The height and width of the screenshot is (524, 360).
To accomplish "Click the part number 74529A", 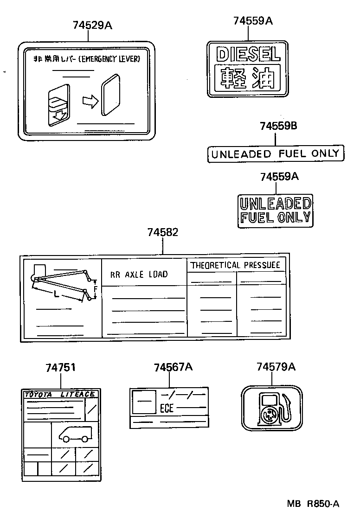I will click(x=92, y=26).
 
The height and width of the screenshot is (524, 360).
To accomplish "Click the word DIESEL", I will click(x=248, y=55).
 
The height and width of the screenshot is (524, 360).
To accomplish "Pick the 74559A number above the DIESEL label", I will click(x=253, y=20).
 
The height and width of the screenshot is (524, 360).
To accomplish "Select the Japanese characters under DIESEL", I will click(x=248, y=79).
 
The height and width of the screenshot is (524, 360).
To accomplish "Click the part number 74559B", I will click(x=278, y=126).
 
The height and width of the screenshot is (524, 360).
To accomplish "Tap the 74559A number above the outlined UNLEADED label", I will click(x=279, y=177).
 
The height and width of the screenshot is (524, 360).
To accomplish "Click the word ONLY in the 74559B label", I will click(x=326, y=154).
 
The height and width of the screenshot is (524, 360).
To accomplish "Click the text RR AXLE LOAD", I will click(x=139, y=274).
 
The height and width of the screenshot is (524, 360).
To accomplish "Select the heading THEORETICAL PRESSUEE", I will click(x=236, y=265).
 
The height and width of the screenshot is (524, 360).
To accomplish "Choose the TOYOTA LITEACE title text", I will click(x=60, y=394).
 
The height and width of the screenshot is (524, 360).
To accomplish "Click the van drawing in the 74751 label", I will click(x=75, y=434).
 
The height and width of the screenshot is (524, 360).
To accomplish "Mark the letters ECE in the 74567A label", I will click(x=167, y=408).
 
